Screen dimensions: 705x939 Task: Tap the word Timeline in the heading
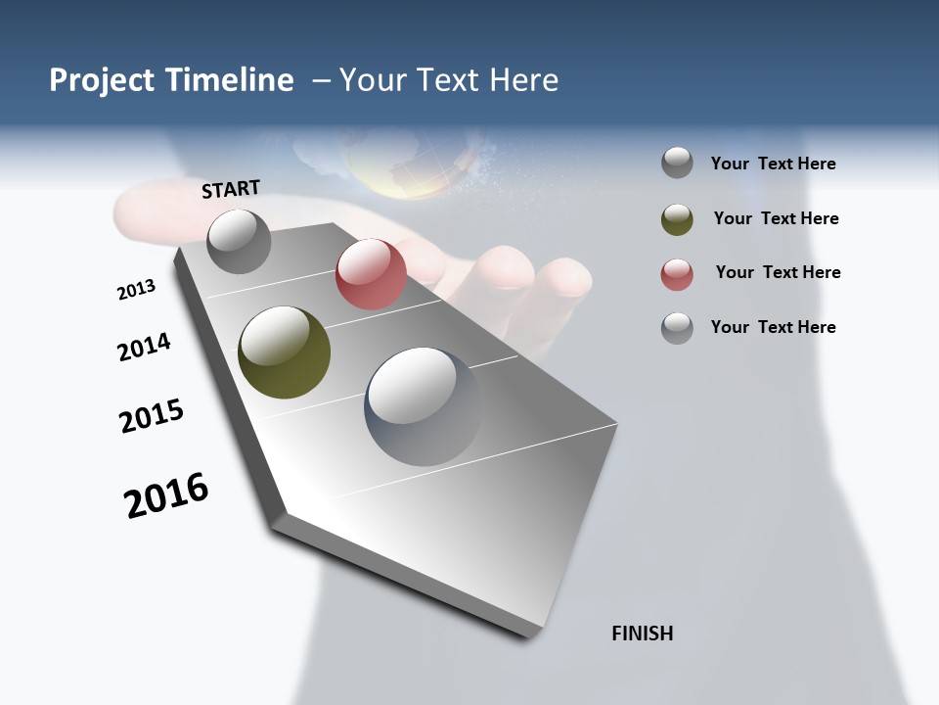tap(230, 80)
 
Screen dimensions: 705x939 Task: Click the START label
tap(231, 189)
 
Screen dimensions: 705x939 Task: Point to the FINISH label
tap(643, 634)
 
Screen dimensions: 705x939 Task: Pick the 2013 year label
tap(136, 290)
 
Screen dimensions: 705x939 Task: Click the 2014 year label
tap(144, 347)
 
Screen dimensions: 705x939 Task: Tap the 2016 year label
tap(166, 495)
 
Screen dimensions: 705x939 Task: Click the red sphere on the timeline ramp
tap(371, 274)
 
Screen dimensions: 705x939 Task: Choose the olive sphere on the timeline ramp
tap(284, 352)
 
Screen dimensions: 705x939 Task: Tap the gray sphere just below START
tap(239, 241)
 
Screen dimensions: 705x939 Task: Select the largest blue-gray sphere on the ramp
tap(424, 406)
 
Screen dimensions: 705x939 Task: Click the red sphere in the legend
tap(677, 274)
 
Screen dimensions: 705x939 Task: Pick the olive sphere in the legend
tap(677, 219)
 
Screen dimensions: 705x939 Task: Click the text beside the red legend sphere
tap(778, 272)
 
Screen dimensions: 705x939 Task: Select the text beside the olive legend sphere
tap(776, 218)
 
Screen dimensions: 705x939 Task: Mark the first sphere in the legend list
tap(677, 163)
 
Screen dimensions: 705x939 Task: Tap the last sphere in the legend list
tap(677, 328)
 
